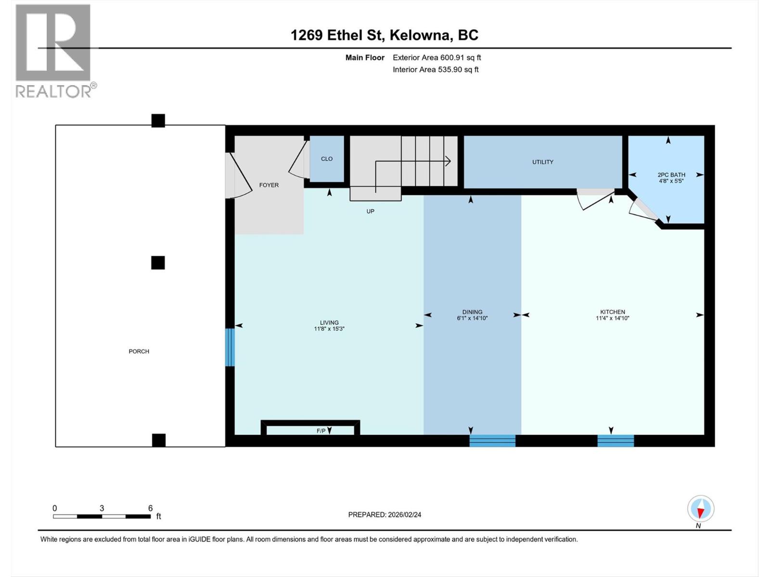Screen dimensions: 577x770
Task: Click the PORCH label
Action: (139, 351)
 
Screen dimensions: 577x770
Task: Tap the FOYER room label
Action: (269, 185)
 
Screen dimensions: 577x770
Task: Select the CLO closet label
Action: (327, 159)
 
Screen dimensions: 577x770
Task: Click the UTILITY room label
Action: (542, 162)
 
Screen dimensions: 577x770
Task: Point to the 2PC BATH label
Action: (671, 175)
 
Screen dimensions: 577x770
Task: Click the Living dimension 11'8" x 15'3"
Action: (329, 329)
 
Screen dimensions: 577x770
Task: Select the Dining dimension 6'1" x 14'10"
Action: (472, 318)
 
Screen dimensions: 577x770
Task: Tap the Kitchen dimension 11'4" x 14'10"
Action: (612, 318)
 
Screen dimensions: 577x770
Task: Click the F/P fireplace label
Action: (321, 431)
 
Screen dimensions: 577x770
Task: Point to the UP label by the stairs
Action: (370, 211)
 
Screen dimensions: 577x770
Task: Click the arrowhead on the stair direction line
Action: (448, 161)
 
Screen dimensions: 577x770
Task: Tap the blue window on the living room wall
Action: (230, 347)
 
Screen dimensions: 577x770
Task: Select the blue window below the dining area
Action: (492, 440)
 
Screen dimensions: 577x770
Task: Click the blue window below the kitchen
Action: (616, 440)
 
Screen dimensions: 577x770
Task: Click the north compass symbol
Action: (701, 509)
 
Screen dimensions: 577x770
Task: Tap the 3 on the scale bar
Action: (102, 508)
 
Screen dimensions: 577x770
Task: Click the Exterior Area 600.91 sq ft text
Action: (436, 58)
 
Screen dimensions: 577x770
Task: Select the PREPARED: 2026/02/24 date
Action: (385, 514)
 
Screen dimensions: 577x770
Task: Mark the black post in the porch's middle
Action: (158, 263)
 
